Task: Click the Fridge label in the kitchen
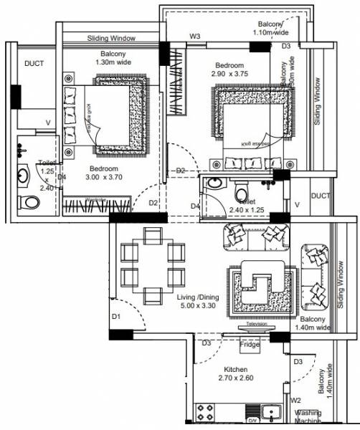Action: pos(249,345)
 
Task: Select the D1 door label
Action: pos(115,316)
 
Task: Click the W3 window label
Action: pos(195,35)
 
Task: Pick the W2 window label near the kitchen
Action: pos(296,401)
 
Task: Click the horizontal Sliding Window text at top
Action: pos(112,37)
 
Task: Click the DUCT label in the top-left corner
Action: pos(34,63)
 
